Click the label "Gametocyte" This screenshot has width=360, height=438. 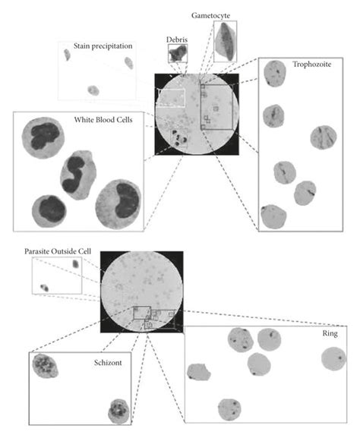point(210,16)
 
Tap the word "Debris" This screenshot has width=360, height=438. point(177,39)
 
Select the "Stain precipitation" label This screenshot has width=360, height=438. point(103,46)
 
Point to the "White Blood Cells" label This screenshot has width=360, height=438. point(103,119)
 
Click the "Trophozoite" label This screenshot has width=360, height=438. point(312,65)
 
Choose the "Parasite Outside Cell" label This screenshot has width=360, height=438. point(58,251)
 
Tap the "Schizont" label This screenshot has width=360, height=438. point(108,363)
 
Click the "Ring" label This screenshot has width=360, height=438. point(330,333)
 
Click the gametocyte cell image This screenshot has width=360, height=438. point(226,41)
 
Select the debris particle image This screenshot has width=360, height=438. point(178,53)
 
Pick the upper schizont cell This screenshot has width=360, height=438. point(45,366)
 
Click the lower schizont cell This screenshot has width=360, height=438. point(118,411)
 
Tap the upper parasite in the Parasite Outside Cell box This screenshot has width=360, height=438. point(75,263)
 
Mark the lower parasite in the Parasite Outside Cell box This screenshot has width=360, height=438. point(45,288)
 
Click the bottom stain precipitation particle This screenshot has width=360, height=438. point(93,90)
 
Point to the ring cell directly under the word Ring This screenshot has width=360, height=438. point(333,358)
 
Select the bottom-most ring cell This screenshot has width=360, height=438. point(229,409)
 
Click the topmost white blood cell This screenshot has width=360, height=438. point(43,137)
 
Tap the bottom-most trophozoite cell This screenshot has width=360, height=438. point(273,217)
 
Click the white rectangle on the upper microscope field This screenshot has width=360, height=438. point(171,98)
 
